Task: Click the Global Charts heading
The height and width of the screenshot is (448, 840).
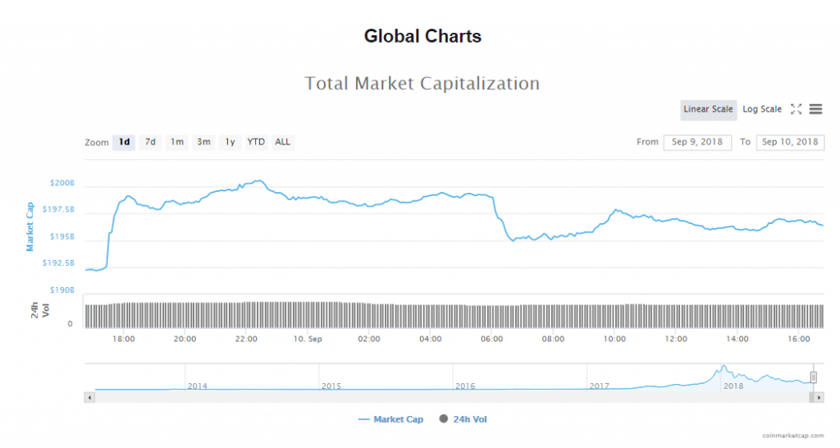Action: [422, 36]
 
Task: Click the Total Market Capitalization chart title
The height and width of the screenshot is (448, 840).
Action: [422, 83]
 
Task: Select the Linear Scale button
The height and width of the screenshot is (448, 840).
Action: [708, 110]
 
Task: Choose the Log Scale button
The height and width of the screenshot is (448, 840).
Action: [762, 110]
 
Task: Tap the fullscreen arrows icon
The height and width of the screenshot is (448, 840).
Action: [796, 109]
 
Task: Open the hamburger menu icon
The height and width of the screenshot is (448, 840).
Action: [815, 109]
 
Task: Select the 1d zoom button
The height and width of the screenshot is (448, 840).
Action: [124, 142]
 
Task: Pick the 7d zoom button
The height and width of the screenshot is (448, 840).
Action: [150, 142]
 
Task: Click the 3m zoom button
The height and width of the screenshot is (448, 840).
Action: [203, 142]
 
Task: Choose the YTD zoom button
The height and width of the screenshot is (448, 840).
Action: [256, 142]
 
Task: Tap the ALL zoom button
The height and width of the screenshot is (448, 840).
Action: [282, 142]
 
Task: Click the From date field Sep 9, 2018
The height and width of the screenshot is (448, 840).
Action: [697, 142]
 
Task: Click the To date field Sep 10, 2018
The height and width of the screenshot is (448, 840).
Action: [790, 142]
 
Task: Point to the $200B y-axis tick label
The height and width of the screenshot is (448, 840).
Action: [62, 183]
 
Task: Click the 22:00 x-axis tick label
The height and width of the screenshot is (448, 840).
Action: [246, 339]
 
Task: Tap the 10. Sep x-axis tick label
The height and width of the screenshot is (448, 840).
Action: [308, 339]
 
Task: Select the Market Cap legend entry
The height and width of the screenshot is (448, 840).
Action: [391, 419]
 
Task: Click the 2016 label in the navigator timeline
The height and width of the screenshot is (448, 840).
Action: [464, 386]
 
